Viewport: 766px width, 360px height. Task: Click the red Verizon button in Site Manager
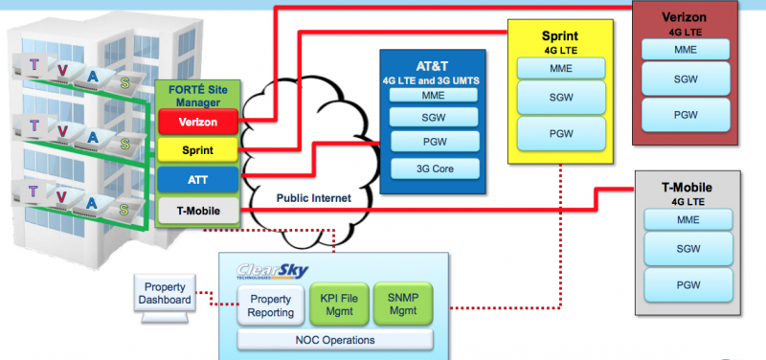pyautogui.click(x=199, y=123)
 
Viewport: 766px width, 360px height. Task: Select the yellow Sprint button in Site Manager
pyautogui.click(x=199, y=150)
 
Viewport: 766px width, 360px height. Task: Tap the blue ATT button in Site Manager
pyautogui.click(x=199, y=179)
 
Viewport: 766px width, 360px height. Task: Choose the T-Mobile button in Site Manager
pyautogui.click(x=199, y=208)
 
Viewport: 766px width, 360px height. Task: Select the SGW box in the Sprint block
pyautogui.click(x=560, y=97)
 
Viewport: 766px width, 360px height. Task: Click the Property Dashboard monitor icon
pyautogui.click(x=165, y=295)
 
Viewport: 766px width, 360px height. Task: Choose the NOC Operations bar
pyautogui.click(x=334, y=339)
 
